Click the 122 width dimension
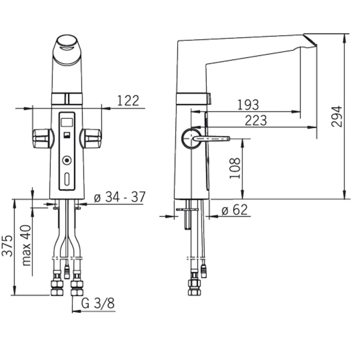[x=128, y=101]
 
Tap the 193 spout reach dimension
[x=248, y=105]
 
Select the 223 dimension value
[x=256, y=120]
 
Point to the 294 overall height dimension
[x=336, y=116]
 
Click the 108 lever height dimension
[x=235, y=168]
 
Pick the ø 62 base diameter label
[x=234, y=210]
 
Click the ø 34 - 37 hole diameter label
[x=120, y=197]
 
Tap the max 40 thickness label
[x=26, y=245]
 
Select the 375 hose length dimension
[x=7, y=245]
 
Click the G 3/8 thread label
[x=98, y=303]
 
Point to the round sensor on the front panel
[x=67, y=160]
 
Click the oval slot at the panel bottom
[x=67, y=179]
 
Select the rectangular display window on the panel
[x=67, y=122]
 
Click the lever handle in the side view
[x=211, y=138]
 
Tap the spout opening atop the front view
[x=67, y=43]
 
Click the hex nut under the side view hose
[x=194, y=287]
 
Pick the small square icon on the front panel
[x=67, y=135]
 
